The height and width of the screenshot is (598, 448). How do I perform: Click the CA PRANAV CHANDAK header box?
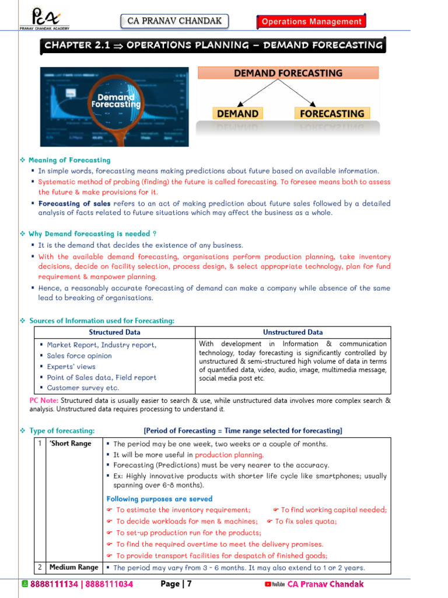tap(174, 22)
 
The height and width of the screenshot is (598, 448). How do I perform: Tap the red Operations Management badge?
tap(311, 22)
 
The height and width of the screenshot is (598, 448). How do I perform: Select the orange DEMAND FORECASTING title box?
tap(288, 73)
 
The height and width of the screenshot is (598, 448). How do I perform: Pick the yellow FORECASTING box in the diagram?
tap(331, 113)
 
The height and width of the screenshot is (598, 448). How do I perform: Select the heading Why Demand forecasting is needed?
tap(92, 234)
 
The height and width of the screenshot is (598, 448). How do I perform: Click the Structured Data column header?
tap(114, 332)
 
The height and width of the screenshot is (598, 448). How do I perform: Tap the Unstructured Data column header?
tap(292, 332)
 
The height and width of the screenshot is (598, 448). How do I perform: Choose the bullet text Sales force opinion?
tap(79, 356)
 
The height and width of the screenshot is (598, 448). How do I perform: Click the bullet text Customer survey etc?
tap(83, 388)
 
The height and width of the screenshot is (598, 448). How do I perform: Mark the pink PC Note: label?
tap(44, 401)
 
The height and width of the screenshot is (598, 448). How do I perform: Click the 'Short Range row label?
tap(70, 443)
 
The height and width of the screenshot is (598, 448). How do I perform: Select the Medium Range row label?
tap(73, 567)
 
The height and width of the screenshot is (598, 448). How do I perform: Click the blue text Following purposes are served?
tap(159, 499)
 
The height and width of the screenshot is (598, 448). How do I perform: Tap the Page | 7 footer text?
tap(176, 584)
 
